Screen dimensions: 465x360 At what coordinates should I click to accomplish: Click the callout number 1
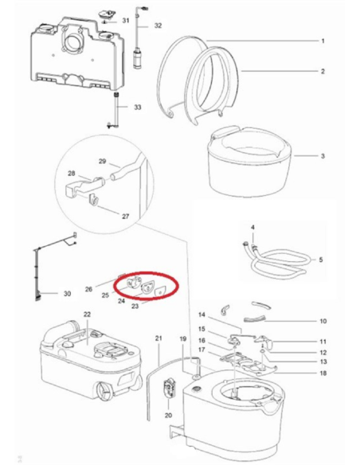tap(323, 40)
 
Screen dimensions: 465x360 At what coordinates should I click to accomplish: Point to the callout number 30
tap(67, 294)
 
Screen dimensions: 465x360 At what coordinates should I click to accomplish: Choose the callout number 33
tap(136, 107)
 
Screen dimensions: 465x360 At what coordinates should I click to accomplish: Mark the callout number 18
tap(323, 373)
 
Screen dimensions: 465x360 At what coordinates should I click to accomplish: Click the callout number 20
tap(168, 416)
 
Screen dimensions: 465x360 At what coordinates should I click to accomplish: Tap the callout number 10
tap(323, 322)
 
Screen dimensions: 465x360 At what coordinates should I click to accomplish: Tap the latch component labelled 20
tap(169, 390)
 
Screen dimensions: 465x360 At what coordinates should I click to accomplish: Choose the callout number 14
tap(202, 315)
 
